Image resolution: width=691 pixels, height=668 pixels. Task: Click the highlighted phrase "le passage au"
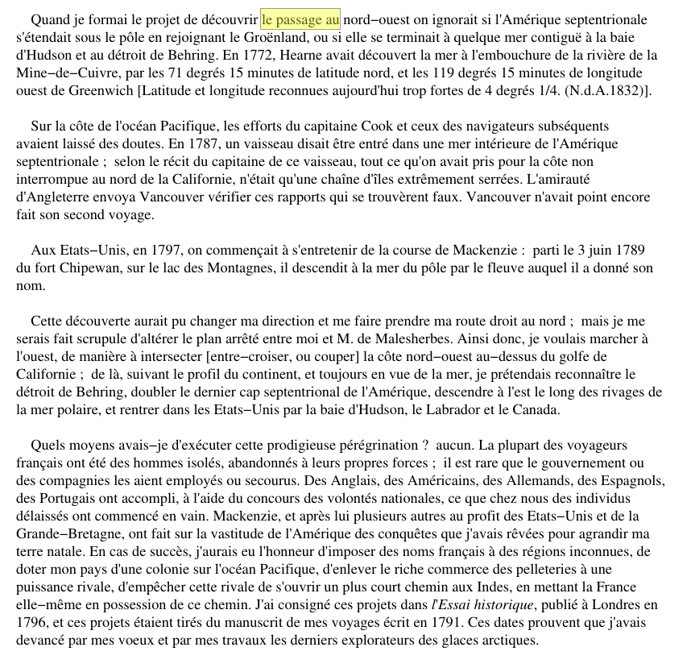[x=301, y=19]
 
